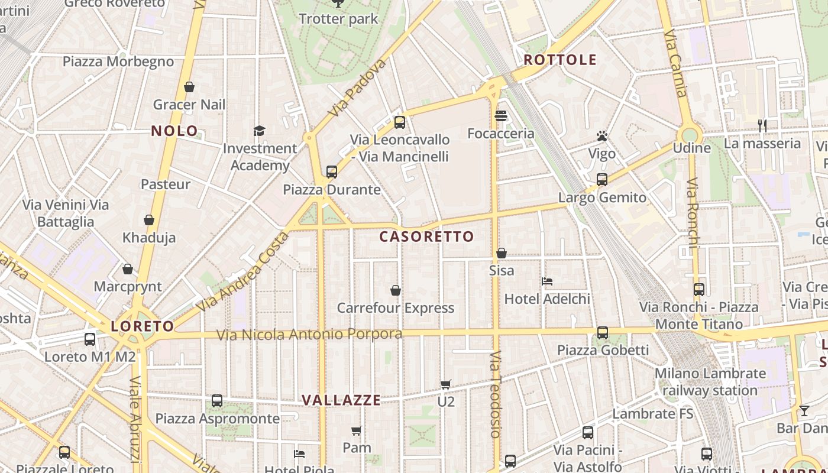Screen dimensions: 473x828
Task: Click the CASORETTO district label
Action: (426, 237)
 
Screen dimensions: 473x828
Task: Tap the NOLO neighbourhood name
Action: (174, 131)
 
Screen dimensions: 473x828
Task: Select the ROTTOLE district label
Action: (560, 60)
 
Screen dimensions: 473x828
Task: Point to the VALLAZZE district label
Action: (341, 400)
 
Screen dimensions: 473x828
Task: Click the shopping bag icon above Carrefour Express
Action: (396, 290)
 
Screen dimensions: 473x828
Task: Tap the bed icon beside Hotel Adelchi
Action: (547, 281)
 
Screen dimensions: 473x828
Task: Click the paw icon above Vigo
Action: (602, 137)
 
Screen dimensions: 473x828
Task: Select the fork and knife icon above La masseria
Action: (762, 125)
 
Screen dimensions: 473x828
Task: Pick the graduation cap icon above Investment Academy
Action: (260, 131)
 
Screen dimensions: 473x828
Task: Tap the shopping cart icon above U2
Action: (446, 384)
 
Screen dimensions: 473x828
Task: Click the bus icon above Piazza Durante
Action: (332, 172)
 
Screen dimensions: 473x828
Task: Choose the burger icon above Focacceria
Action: (501, 116)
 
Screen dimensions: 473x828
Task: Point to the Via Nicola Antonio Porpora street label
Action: (309, 335)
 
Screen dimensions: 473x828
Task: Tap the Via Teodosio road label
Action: (496, 394)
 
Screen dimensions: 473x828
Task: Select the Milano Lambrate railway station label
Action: (710, 382)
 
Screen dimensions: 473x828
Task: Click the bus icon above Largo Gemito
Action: (602, 180)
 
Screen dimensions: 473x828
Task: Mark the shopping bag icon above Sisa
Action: (502, 253)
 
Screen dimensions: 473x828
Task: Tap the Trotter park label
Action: (338, 19)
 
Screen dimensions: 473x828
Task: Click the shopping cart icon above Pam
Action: (357, 430)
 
